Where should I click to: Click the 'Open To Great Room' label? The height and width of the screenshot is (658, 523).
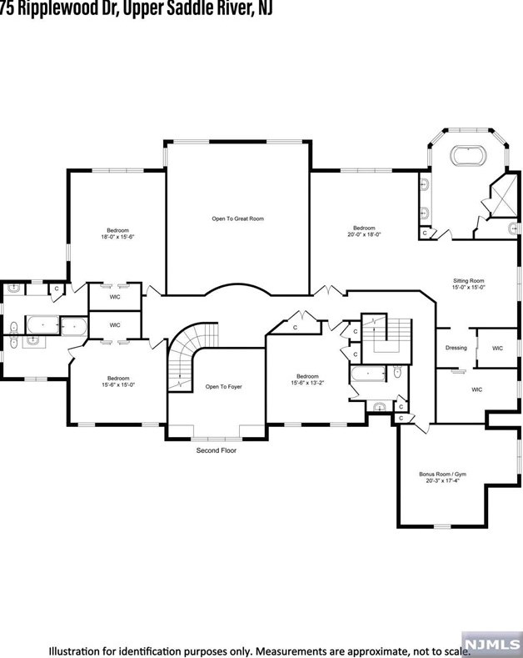pyautogui.click(x=237, y=218)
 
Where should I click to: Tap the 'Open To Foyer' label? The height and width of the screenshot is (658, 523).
pyautogui.click(x=223, y=386)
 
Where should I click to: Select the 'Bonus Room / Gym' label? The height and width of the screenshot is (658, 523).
pyautogui.click(x=442, y=475)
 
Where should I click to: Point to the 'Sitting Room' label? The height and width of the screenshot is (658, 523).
pyautogui.click(x=469, y=281)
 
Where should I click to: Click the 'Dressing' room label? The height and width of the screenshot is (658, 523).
pyautogui.click(x=456, y=348)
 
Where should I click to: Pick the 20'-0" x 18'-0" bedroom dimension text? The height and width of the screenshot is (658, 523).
pyautogui.click(x=364, y=234)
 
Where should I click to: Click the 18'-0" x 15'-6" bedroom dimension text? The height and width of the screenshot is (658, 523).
pyautogui.click(x=117, y=237)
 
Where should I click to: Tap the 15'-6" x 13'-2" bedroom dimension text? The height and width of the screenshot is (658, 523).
pyautogui.click(x=307, y=383)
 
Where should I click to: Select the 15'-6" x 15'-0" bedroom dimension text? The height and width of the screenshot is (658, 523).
pyautogui.click(x=118, y=384)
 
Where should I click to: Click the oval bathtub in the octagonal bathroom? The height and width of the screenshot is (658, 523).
pyautogui.click(x=468, y=157)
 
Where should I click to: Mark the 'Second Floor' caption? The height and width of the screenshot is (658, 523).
pyautogui.click(x=217, y=450)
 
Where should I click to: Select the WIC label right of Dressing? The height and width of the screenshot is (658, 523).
pyautogui.click(x=497, y=349)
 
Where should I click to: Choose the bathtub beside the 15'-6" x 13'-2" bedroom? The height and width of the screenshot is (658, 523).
pyautogui.click(x=368, y=373)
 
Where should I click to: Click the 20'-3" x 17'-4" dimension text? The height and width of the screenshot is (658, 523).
pyautogui.click(x=442, y=481)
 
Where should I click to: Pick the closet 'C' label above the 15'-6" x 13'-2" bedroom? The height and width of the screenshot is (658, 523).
pyautogui.click(x=295, y=327)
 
